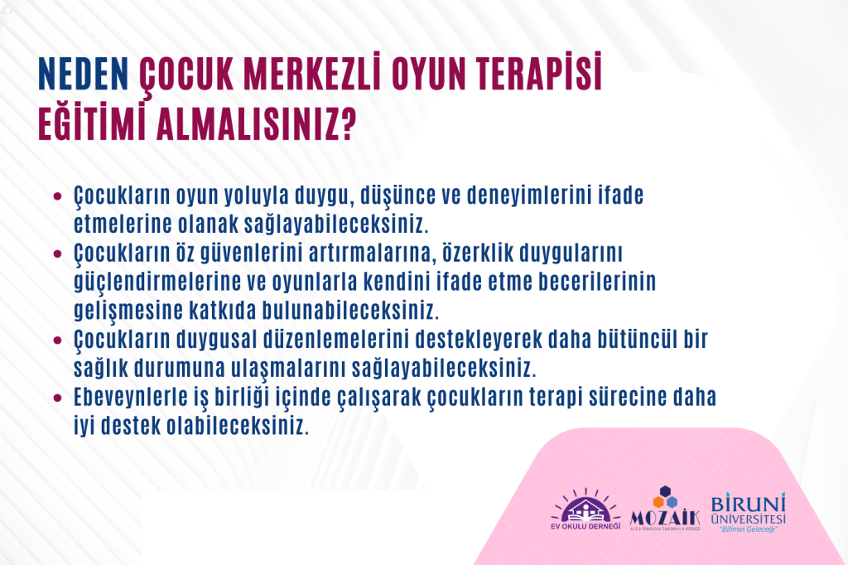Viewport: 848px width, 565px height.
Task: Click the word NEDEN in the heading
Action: pyautogui.click(x=84, y=74)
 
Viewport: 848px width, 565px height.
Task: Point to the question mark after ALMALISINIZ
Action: pyautogui.click(x=349, y=123)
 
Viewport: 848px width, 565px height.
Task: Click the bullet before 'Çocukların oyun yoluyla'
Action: pyautogui.click(x=58, y=196)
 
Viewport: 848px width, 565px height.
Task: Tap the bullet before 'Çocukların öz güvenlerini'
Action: pyautogui.click(x=58, y=254)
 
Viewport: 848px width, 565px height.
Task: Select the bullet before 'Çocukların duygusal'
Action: pyautogui.click(x=58, y=340)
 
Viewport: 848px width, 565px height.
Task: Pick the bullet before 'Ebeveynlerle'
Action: pyautogui.click(x=58, y=398)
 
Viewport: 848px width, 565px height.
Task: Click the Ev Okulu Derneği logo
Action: pyautogui.click(x=585, y=509)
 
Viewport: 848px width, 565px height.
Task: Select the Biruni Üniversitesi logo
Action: pyautogui.click(x=748, y=513)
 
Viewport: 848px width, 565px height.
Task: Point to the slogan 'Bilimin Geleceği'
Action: pyautogui.click(x=749, y=529)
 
